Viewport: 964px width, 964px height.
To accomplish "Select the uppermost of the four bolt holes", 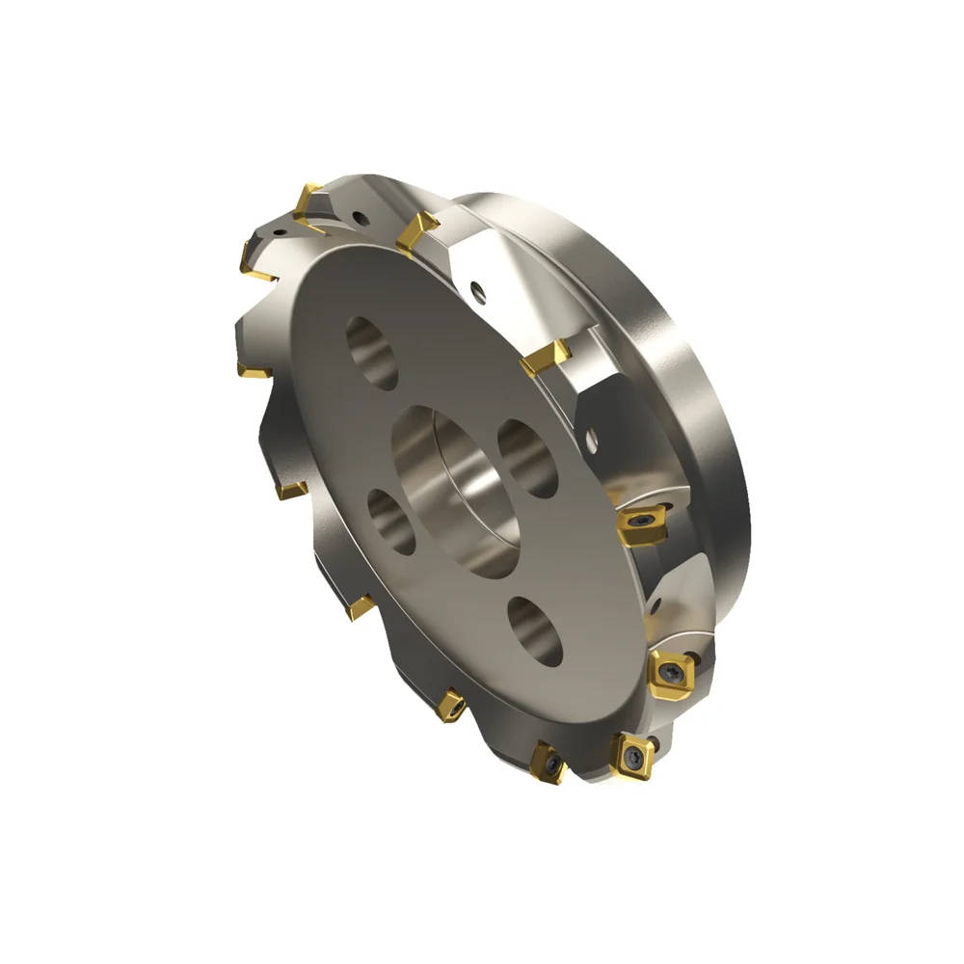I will tap(373, 353).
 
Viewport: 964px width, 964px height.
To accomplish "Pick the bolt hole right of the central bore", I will tap(527, 459).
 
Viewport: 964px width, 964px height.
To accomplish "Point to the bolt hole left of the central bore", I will tap(391, 521).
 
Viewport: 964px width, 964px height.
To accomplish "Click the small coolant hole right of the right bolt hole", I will tap(591, 444).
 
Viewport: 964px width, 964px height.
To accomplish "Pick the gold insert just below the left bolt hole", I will tap(361, 606).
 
